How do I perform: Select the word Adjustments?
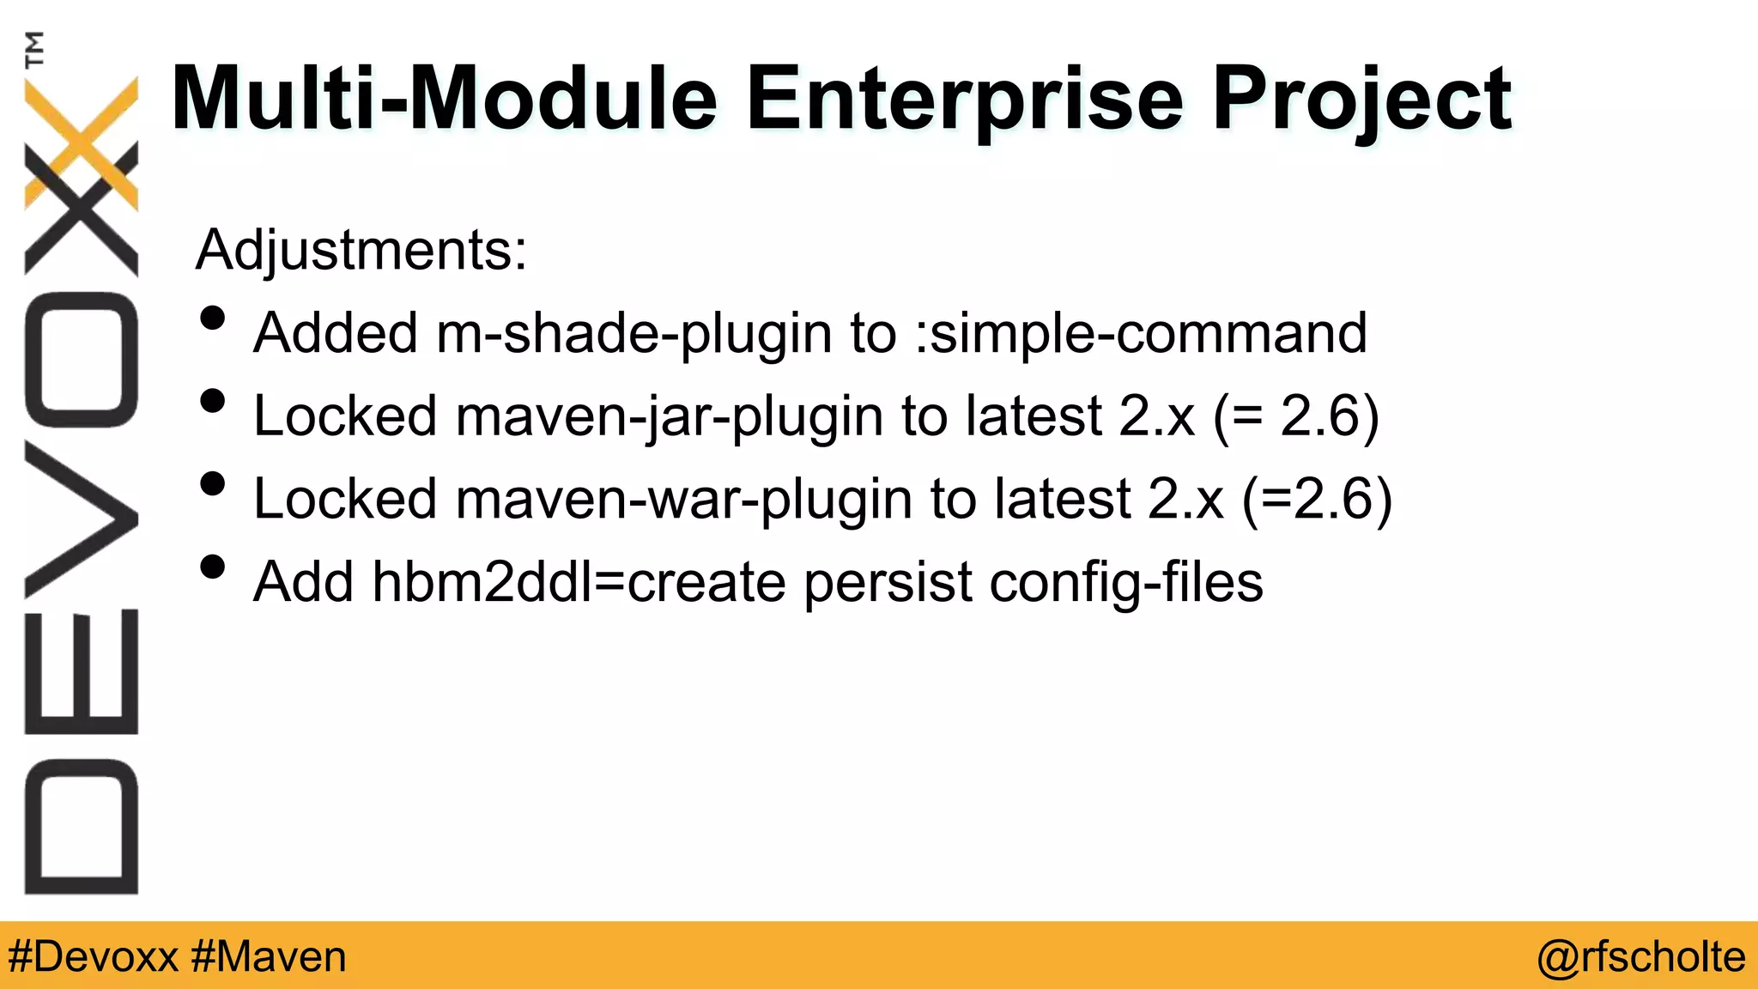[361, 250]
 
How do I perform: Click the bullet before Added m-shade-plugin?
[212, 319]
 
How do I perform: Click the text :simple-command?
[1140, 333]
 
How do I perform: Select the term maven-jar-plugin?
[669, 416]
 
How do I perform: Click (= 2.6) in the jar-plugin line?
[1296, 416]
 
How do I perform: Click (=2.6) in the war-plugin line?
[1317, 499]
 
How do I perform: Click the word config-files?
[1126, 582]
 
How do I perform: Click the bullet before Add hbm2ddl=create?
[212, 567]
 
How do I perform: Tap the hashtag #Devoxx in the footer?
[93, 956]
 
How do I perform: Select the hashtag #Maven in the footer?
[269, 956]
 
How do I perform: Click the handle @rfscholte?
[1640, 956]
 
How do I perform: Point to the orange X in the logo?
[82, 142]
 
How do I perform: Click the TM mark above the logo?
[34, 49]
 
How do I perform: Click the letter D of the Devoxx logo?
[82, 827]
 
